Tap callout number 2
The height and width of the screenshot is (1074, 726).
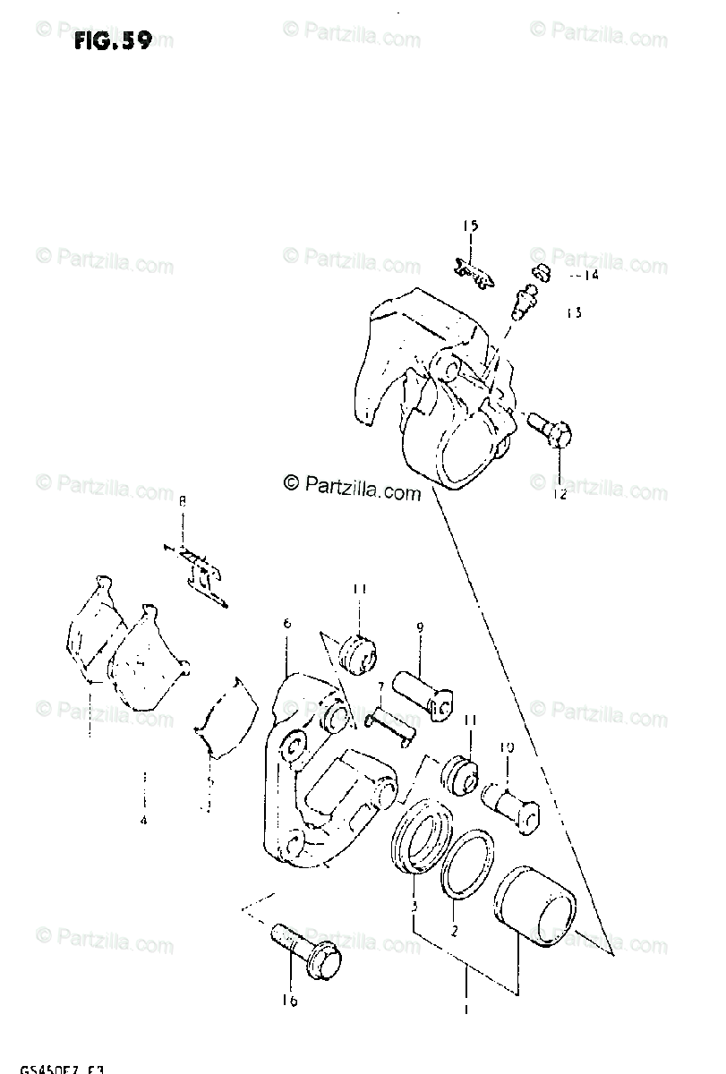pos(454,931)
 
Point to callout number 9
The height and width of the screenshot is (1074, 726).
pos(419,628)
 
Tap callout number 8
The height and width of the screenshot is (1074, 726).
pos(183,501)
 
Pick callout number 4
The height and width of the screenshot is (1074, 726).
pos(143,820)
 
